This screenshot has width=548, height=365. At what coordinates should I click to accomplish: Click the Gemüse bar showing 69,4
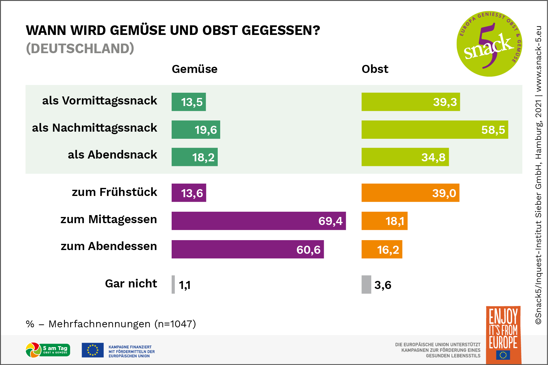tap(259, 221)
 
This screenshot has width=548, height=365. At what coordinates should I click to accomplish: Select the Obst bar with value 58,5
tap(435, 129)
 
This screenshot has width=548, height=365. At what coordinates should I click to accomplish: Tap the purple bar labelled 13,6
tap(189, 193)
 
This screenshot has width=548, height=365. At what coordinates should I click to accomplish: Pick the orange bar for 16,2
tap(382, 249)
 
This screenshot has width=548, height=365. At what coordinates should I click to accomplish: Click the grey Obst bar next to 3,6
tap(366, 284)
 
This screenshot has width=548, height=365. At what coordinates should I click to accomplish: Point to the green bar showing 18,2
tap(195, 157)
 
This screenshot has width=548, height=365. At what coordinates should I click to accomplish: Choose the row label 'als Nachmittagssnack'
tap(95, 128)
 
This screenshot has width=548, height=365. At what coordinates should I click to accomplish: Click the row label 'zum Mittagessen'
tap(109, 219)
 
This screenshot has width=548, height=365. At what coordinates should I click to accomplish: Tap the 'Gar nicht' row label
tap(131, 283)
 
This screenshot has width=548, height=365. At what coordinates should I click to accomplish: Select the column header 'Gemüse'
tap(195, 69)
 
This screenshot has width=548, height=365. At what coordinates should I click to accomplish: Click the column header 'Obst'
tap(375, 69)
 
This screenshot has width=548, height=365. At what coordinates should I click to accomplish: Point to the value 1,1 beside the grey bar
tap(185, 285)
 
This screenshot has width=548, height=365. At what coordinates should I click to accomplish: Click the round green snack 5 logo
tap(489, 44)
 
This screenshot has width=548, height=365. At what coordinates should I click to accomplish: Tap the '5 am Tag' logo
tap(48, 350)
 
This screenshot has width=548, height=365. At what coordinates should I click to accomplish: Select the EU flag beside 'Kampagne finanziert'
tap(92, 350)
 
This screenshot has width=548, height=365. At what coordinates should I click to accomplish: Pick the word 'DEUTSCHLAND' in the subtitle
tap(80, 49)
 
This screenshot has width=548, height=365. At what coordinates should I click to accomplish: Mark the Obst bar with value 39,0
tap(410, 193)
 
